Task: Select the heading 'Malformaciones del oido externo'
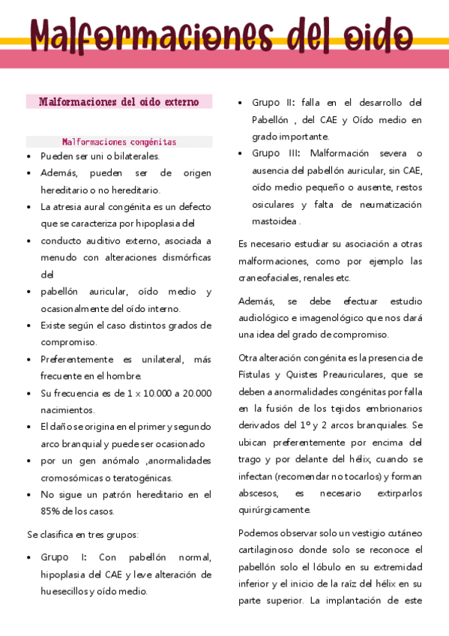coord(119,102)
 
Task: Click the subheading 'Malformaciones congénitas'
coord(119,142)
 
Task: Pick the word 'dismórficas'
coord(187,258)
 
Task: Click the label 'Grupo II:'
coord(274,103)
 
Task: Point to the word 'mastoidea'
coord(274,221)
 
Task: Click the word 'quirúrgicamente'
coord(274,510)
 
